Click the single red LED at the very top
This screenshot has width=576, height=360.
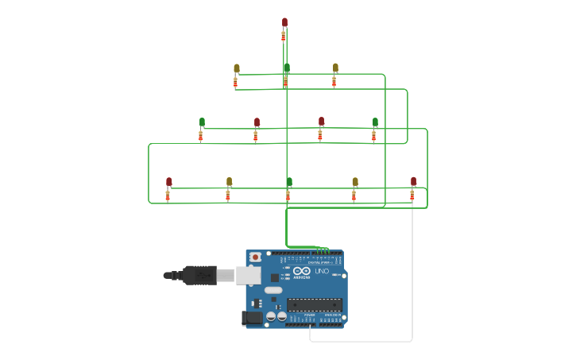pos(284,22)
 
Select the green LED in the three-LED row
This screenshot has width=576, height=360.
pos(286,68)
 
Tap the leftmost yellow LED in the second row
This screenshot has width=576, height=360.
pos(236,68)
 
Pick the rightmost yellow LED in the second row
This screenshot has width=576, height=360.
pos(335,68)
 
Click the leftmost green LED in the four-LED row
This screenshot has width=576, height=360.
pos(202,122)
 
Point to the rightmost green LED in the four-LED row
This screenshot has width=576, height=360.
pos(375,122)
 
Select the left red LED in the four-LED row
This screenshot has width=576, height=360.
pos(257,122)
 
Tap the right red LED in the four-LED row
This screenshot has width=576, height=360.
pos(321,121)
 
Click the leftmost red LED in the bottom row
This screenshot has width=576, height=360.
pos(168,181)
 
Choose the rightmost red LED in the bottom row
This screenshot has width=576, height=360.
pos(413,181)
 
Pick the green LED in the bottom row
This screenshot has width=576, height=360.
pos(288,181)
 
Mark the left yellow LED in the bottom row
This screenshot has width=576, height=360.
pos(229,181)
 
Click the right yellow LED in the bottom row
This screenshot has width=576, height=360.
pos(354,181)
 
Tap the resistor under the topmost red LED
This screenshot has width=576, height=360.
pos(283,36)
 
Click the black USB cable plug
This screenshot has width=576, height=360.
pos(199,275)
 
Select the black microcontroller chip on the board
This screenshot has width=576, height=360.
pos(315,304)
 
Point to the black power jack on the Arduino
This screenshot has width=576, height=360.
pos(252,318)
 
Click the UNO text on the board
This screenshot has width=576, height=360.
pos(321,272)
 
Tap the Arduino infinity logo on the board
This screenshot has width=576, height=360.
pos(301,271)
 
